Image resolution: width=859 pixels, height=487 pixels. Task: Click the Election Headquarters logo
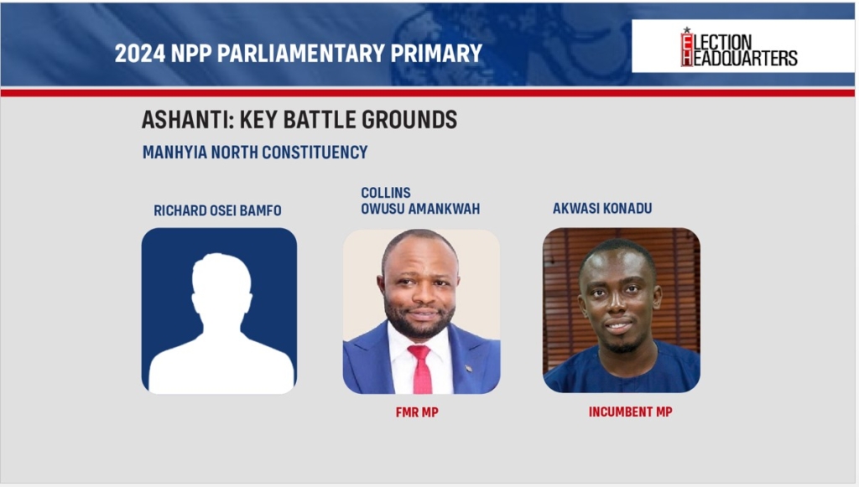[x=738, y=47]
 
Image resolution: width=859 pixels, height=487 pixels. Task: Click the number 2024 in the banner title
[x=140, y=53]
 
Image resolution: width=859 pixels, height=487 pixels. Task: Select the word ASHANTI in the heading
[x=187, y=119]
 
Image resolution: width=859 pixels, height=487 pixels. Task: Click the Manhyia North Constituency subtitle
[x=255, y=152]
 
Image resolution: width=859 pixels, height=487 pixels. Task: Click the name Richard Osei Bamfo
[x=217, y=210]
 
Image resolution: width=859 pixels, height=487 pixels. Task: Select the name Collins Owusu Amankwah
[x=420, y=201]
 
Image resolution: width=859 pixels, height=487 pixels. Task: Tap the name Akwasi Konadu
[x=602, y=209]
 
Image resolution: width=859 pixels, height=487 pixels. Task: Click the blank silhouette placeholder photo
[x=219, y=311]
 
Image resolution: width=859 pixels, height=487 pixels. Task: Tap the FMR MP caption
[x=417, y=412]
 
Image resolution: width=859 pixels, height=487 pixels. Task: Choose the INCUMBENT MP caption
[x=631, y=412]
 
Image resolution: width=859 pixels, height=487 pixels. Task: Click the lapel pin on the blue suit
[x=469, y=368]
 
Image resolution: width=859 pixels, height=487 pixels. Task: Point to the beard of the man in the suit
[x=420, y=323]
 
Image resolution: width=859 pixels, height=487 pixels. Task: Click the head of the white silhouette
[x=221, y=284]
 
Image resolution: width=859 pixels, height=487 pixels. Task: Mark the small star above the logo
[x=686, y=29]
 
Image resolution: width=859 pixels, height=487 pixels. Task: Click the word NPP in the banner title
[x=190, y=53]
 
